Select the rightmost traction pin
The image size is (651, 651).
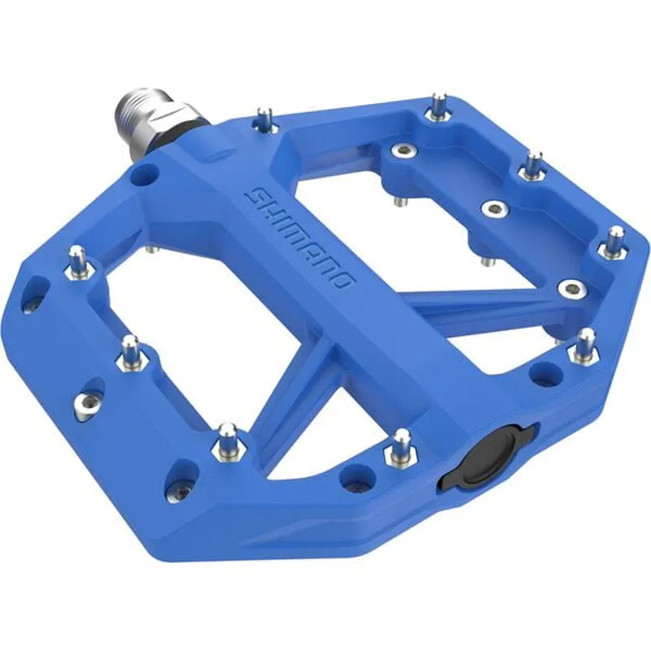[615, 241]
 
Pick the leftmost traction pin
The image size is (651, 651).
[76, 260]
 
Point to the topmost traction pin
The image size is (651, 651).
[439, 105]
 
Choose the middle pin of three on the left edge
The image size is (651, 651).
[131, 349]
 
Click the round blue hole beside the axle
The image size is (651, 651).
[147, 173]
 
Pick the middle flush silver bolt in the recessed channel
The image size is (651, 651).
[492, 210]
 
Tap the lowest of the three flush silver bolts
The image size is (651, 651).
[571, 286]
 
